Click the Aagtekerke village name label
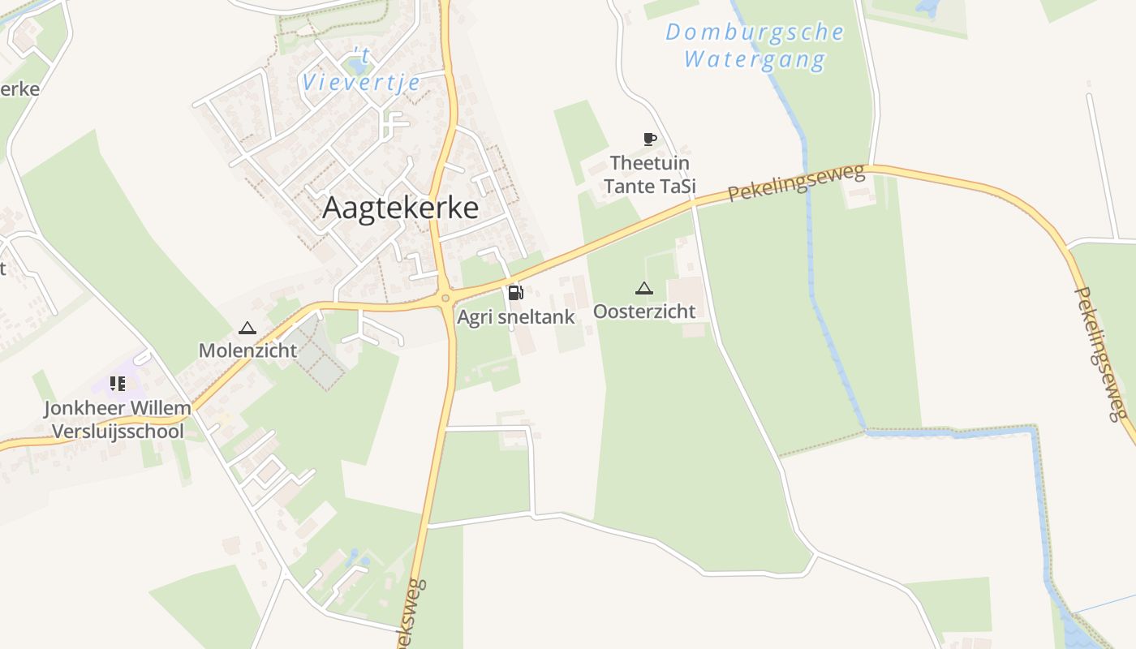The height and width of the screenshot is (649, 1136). [400, 208]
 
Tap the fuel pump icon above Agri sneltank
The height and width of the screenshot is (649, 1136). [514, 293]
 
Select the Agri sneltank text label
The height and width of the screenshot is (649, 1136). [515, 316]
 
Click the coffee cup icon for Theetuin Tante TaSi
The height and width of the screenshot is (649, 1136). [649, 139]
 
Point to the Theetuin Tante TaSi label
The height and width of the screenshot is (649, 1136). [649, 174]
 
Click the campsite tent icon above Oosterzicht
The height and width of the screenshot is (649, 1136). [643, 288]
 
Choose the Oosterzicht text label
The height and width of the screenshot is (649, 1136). [644, 312]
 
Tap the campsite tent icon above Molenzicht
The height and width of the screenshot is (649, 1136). [247, 329]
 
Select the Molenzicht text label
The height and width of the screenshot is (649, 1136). [248, 351]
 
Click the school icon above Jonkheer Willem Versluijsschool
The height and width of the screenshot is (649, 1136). [118, 384]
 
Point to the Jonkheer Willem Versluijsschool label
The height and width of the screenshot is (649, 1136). [118, 419]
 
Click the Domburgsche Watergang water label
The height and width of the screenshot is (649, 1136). [755, 45]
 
